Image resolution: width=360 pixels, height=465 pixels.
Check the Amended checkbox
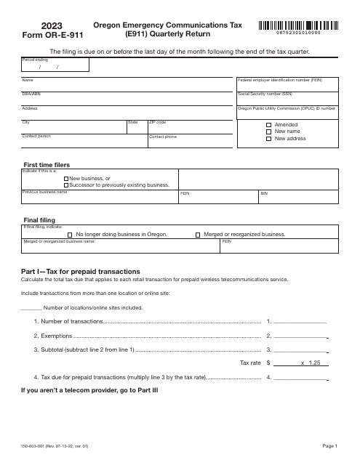pos(268,124)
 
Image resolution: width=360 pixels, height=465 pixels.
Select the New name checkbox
pos(268,132)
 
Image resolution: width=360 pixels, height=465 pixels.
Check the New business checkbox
pos(67,178)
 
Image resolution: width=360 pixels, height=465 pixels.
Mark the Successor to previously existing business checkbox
pos(67,185)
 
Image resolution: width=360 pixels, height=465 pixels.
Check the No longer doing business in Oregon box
pos(70,235)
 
